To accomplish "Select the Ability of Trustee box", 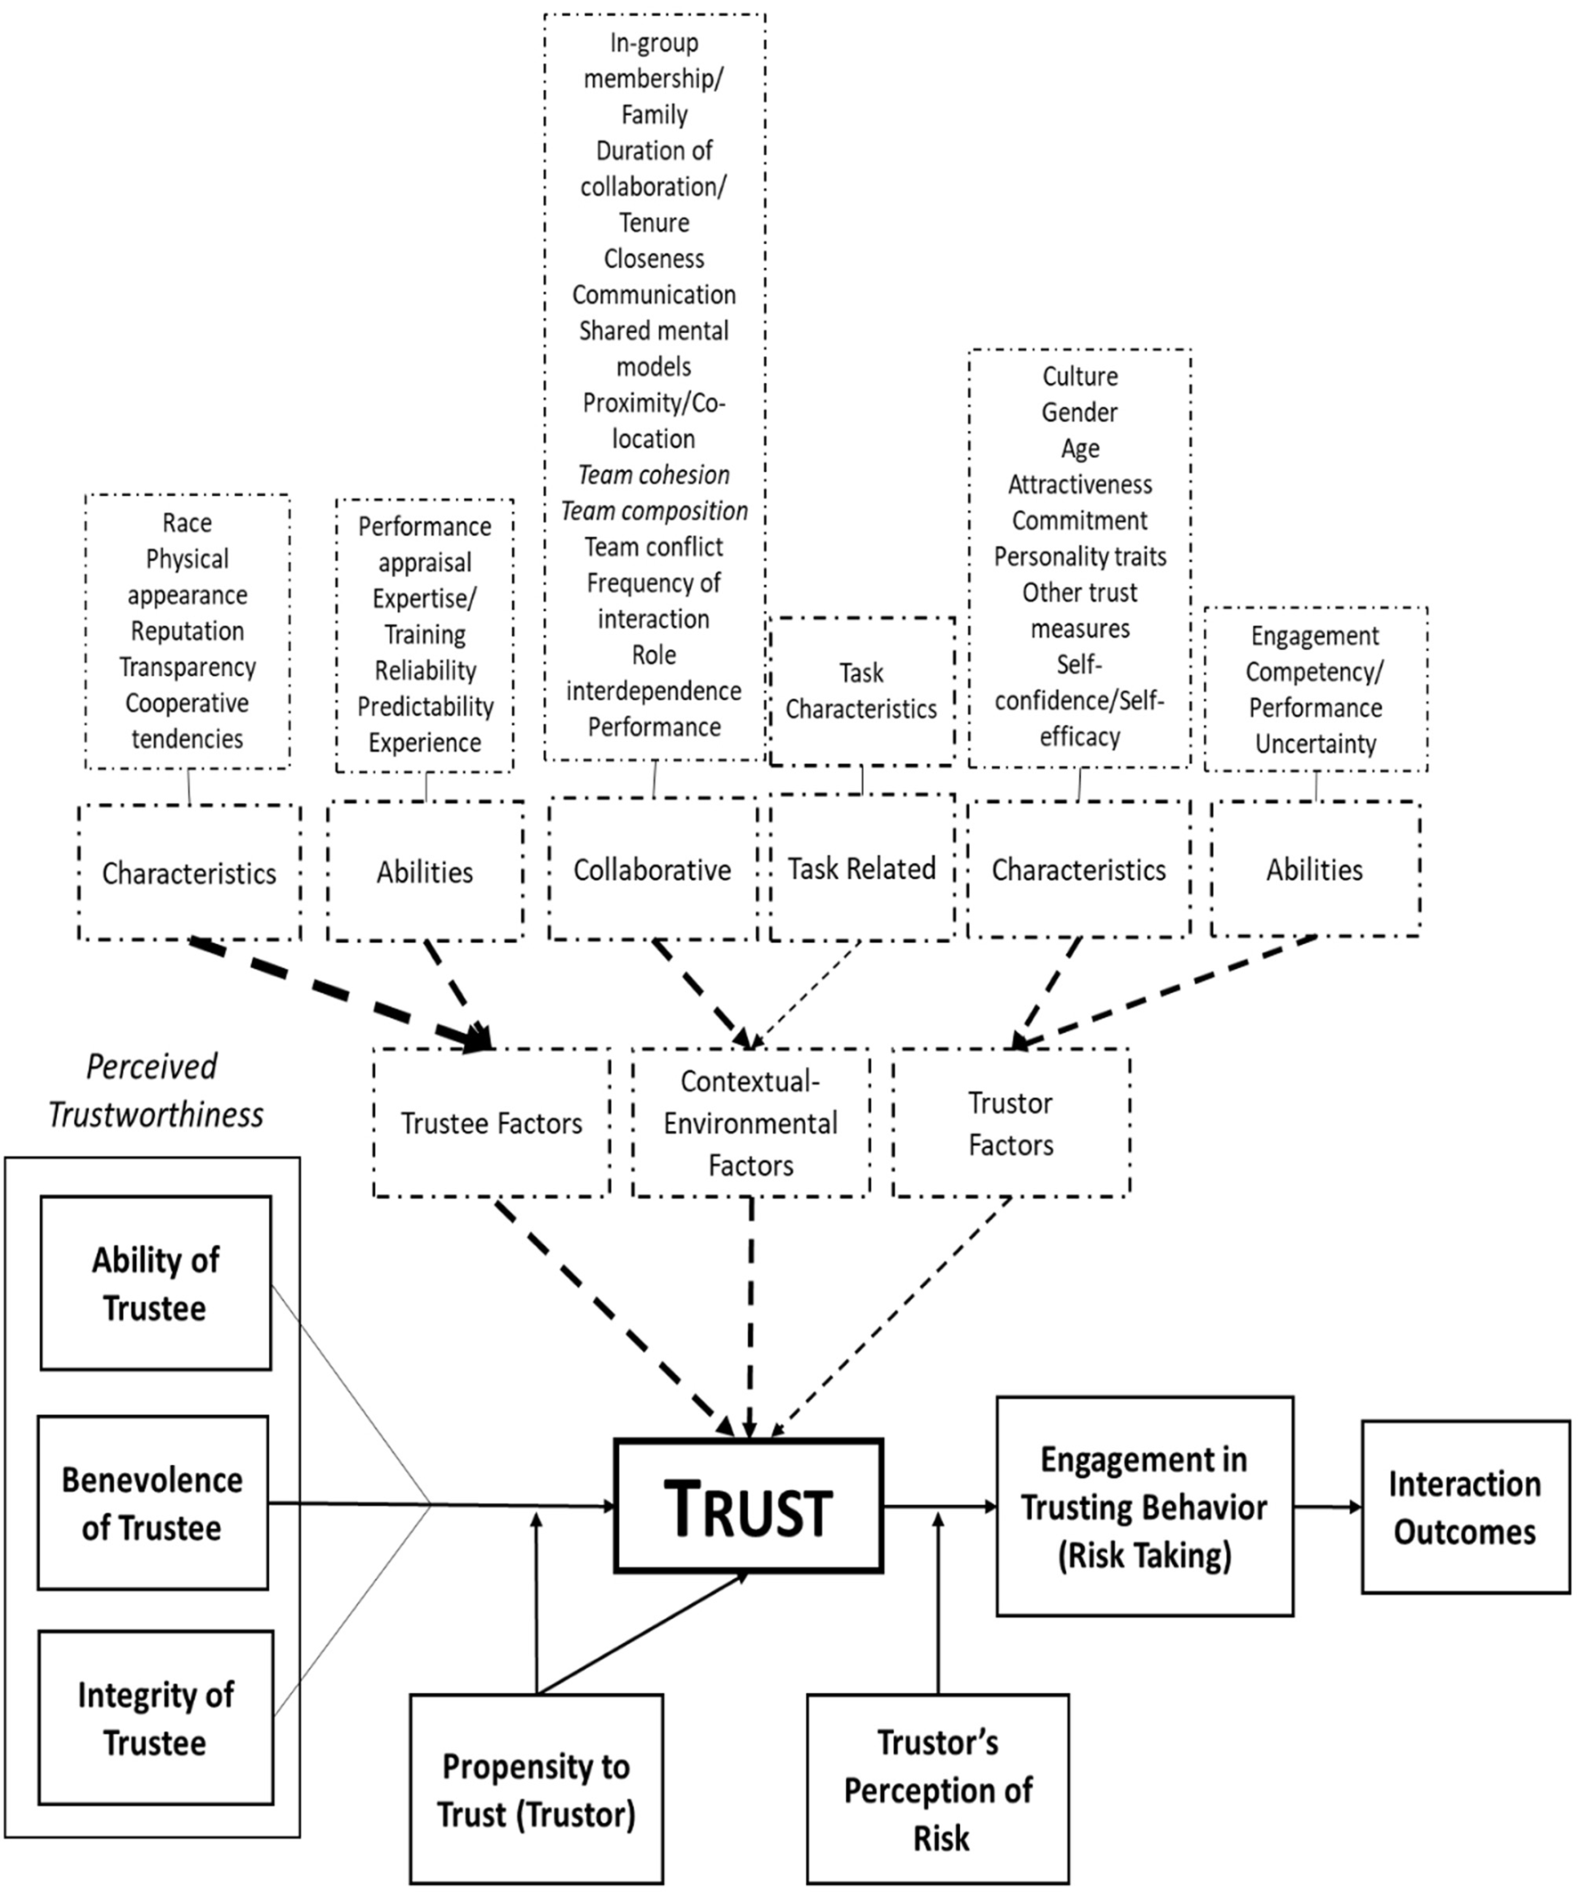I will (155, 1283).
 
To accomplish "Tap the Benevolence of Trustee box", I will (152, 1503).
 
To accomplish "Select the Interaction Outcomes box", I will (1464, 1507).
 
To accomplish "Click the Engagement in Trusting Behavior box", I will (1143, 1507).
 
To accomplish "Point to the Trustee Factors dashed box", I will (491, 1122).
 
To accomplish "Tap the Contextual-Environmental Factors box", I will (750, 1122).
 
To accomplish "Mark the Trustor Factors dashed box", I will (1010, 1122).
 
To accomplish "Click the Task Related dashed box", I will (861, 868).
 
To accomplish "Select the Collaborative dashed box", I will (652, 869).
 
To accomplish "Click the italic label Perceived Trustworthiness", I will (155, 1091).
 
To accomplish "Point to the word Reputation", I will (187, 631).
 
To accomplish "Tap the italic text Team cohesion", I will (654, 475).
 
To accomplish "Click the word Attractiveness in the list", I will (1079, 484).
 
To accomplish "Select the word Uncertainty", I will (1315, 744).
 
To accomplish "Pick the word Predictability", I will (425, 706).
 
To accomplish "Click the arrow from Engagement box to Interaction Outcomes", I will (1327, 1507).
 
